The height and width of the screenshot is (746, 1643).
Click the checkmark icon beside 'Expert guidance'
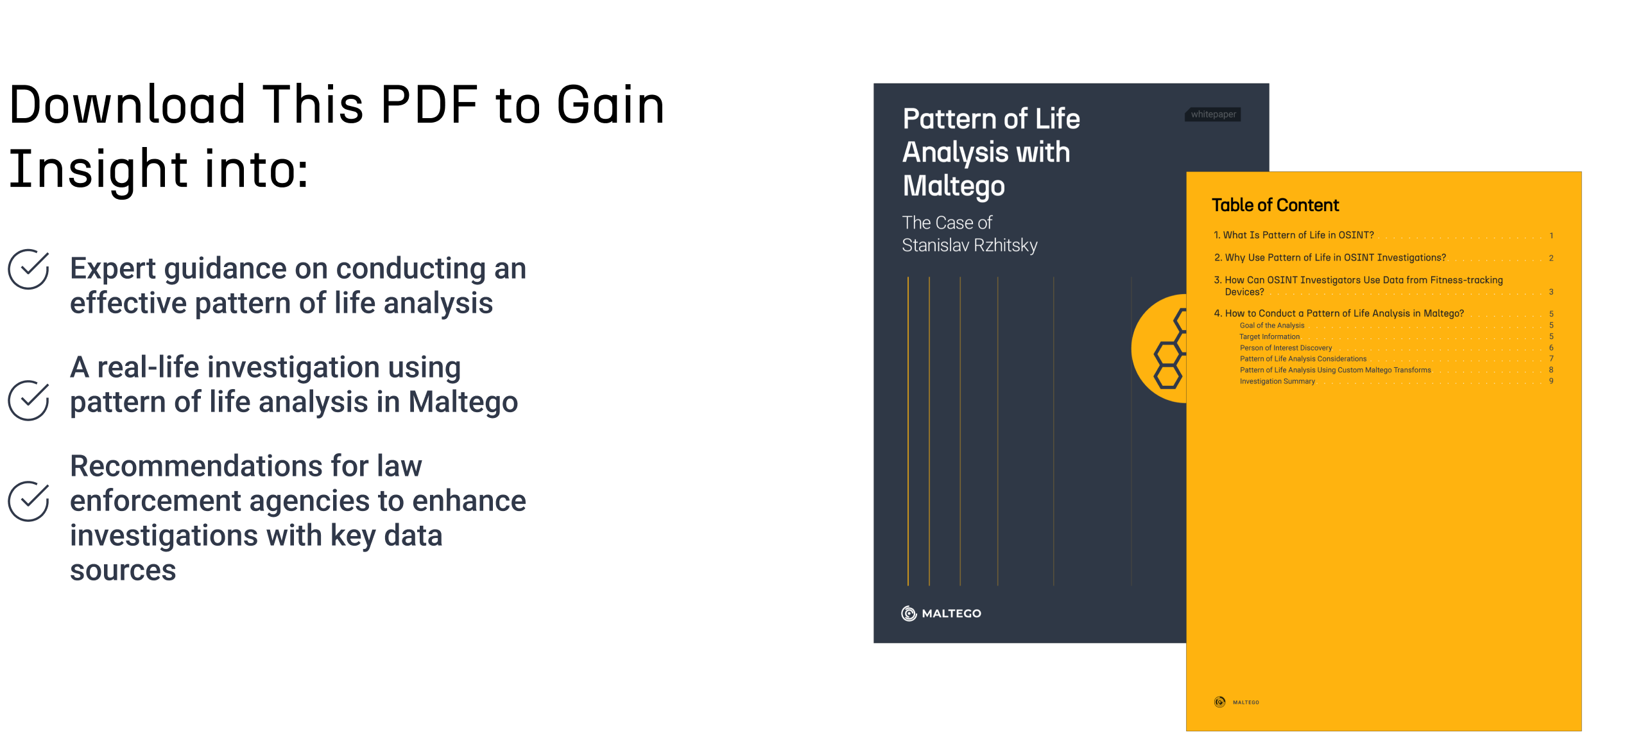point(28,270)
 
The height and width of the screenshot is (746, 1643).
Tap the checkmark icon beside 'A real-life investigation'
point(28,401)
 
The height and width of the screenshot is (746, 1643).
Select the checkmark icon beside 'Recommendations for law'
point(28,501)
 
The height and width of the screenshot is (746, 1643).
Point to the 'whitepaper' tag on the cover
point(1213,114)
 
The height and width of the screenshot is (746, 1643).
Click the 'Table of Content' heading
point(1275,205)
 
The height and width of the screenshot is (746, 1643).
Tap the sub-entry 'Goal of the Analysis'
point(1272,325)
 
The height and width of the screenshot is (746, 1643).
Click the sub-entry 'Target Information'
point(1269,336)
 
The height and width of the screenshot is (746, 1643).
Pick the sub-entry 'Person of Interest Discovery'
point(1286,348)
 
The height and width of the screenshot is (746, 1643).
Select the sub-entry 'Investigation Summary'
point(1277,381)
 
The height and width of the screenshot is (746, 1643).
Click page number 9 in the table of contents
point(1551,381)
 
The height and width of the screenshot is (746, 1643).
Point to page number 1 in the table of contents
point(1551,236)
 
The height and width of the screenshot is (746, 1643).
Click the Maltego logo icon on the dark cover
point(909,613)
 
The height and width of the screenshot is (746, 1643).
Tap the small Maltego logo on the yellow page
point(1219,702)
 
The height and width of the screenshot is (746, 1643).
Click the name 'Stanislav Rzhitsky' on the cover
point(969,245)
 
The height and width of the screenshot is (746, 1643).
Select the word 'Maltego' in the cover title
point(954,186)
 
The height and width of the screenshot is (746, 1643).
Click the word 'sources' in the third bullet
point(123,571)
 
